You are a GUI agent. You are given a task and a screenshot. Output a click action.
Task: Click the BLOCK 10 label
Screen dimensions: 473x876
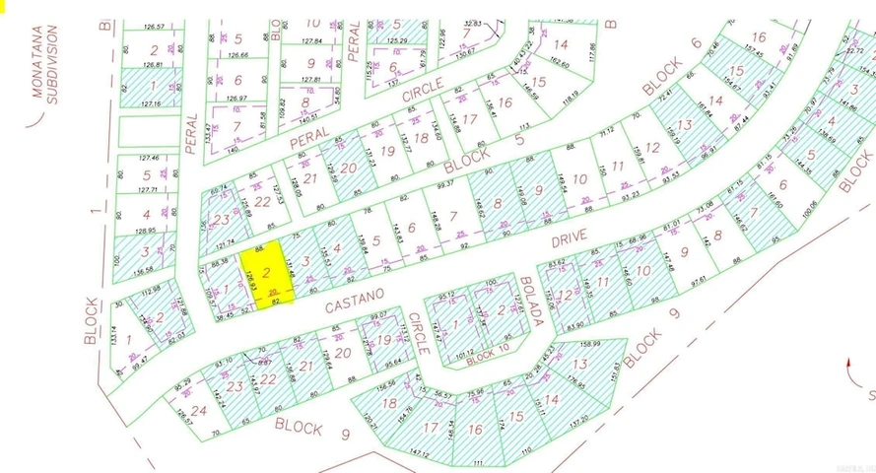coord(488,361)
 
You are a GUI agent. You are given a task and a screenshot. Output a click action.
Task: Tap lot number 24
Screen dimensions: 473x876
coord(199,411)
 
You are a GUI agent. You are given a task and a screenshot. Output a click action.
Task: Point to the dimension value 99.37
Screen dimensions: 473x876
coord(446,183)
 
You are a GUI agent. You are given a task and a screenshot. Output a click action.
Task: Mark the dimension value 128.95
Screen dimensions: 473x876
coord(145,230)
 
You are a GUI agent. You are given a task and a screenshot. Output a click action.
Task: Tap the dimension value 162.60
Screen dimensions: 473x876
coord(559,62)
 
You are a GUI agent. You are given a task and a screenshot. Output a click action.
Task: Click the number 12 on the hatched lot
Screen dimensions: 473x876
coord(565,295)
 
